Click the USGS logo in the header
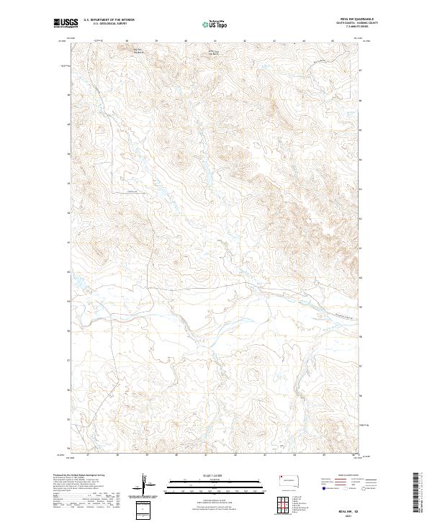[x=66, y=24]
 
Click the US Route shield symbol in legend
[x=346, y=490]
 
